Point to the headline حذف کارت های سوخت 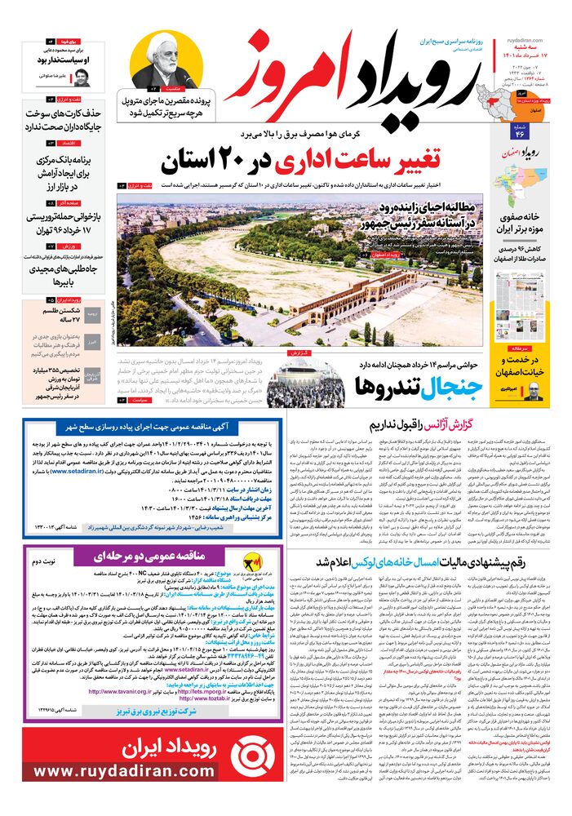[x=64, y=119]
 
